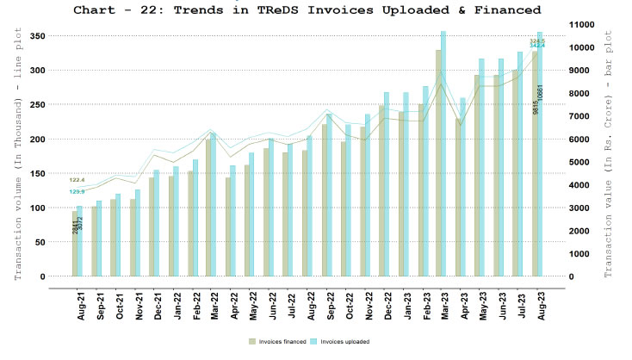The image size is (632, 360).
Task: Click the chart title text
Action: click(307, 10)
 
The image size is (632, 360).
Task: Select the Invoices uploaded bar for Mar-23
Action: click(443, 155)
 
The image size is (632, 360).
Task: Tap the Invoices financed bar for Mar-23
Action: click(437, 164)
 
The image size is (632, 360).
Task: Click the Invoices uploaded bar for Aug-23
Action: click(541, 155)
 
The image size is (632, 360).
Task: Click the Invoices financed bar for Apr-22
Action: click(227, 227)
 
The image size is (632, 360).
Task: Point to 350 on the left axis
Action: click(35, 36)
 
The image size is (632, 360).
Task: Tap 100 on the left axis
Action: click(35, 208)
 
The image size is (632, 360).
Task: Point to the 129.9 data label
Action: click(77, 191)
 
